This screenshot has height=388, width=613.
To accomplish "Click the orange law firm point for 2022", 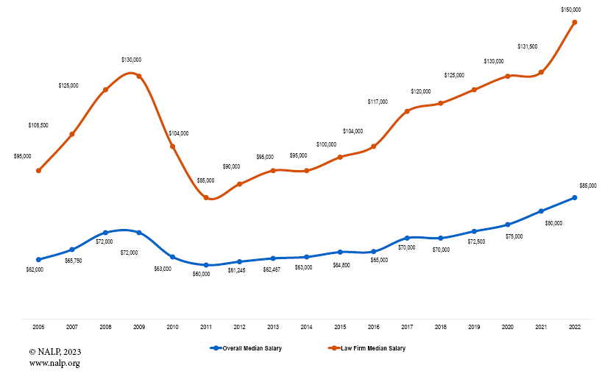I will tap(575, 22).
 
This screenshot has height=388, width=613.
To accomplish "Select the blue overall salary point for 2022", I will tap(575, 197).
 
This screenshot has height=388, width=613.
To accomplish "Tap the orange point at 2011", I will tap(206, 197).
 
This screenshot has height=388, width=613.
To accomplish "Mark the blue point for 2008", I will tap(105, 233).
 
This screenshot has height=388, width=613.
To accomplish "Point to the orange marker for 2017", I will tap(407, 111).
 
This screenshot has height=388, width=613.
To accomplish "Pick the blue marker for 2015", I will tap(340, 252).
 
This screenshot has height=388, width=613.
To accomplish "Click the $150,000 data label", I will tap(571, 10).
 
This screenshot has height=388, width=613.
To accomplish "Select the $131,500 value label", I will tap(528, 46).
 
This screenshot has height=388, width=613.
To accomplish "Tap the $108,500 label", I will tap(38, 125).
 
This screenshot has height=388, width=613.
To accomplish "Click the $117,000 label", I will tap(378, 102).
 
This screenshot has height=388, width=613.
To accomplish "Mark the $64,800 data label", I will tap(341, 264).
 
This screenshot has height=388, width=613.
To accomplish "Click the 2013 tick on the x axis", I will tap(273, 326).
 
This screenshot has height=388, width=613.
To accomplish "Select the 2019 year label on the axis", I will tap(474, 326).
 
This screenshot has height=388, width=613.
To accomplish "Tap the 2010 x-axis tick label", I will tap(172, 326).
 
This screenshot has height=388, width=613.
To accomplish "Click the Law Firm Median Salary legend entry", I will tap(368, 348).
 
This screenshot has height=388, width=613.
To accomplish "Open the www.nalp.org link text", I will tap(54, 363).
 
